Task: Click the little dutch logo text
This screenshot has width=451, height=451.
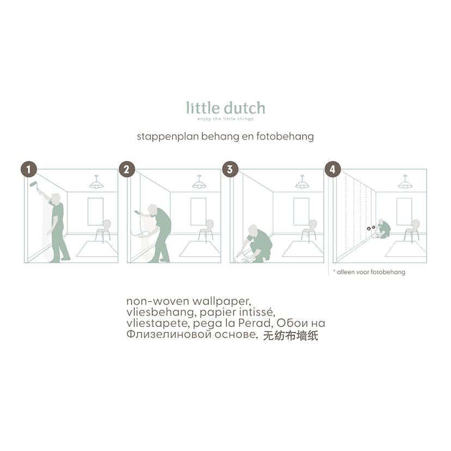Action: (x=225, y=107)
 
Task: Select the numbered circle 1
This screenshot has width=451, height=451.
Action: (x=28, y=169)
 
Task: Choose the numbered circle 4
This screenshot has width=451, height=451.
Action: (x=332, y=169)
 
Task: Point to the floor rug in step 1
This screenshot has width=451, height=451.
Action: (x=96, y=249)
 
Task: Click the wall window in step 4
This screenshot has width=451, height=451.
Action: (x=404, y=211)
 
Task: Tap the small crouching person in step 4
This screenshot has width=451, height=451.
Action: (x=383, y=229)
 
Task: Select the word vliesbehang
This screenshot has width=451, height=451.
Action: (x=155, y=312)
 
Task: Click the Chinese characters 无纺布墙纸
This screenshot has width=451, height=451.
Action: (x=290, y=336)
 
